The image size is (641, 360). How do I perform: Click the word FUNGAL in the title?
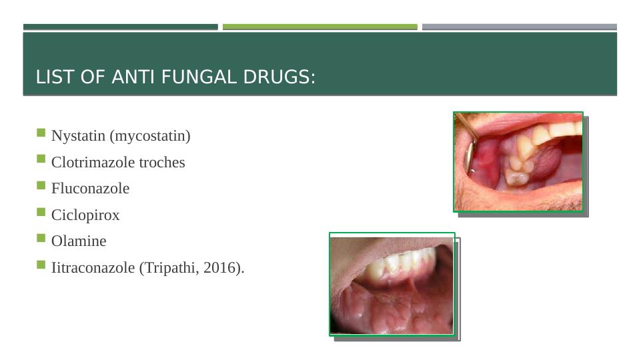[199, 77]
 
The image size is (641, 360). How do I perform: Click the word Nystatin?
[78, 135]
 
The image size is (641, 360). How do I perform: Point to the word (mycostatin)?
[150, 136]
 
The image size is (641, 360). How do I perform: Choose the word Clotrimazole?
[93, 162]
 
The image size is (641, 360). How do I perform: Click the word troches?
[162, 162]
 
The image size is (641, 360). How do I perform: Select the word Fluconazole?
[90, 189]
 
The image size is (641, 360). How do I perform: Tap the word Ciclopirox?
[85, 215]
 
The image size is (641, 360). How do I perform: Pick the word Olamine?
[79, 241]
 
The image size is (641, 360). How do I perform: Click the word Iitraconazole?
[93, 267]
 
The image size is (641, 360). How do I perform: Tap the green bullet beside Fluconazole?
[41, 185]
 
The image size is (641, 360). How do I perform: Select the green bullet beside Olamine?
[41, 238]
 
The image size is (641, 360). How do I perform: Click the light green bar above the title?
[320, 27]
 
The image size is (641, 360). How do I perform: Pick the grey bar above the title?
[520, 27]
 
